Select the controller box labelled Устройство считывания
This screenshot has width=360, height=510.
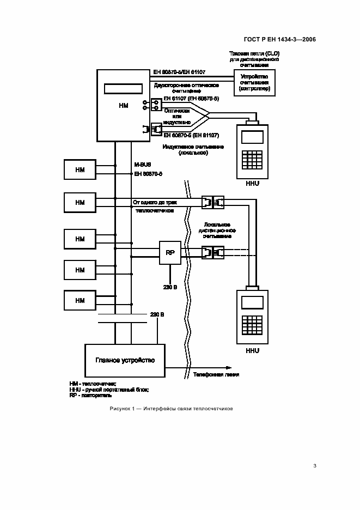(254, 83)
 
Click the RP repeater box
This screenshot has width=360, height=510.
(170, 253)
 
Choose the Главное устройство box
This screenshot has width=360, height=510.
(125, 360)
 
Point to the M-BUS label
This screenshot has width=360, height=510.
(142, 163)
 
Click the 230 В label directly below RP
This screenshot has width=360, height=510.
(170, 287)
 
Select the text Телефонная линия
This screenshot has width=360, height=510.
(216, 375)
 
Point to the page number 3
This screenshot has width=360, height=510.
(315, 465)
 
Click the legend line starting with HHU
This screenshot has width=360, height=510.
(109, 390)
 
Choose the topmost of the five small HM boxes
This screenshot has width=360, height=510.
(80, 168)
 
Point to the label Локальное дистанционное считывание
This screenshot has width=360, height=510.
(218, 230)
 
